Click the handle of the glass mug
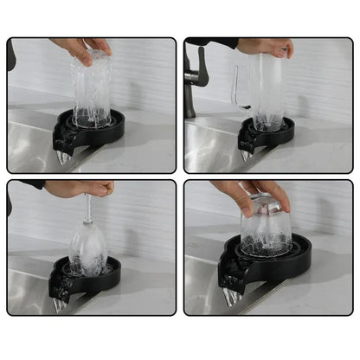coord(237,87)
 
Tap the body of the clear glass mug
coord(266,91)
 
